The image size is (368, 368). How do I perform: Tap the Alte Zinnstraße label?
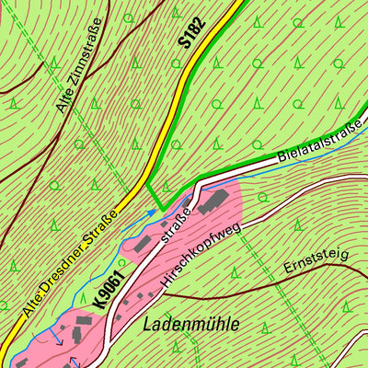(78, 65)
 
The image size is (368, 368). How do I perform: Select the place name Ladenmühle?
(190, 324)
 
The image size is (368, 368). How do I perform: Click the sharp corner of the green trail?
(160, 210)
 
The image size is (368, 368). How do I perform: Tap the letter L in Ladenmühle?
(148, 325)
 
